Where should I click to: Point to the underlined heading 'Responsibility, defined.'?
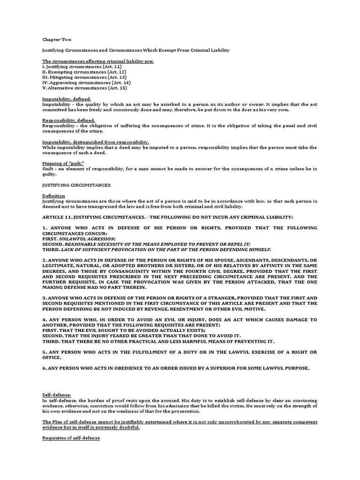tap(68, 120)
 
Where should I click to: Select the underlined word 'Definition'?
tap(53, 195)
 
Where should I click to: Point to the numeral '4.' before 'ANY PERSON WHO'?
tap(45, 319)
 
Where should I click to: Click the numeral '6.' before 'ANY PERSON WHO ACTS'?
tap(45, 367)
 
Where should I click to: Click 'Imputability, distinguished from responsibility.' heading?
tap(96, 142)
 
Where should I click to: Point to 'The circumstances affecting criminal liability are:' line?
tap(98, 61)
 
